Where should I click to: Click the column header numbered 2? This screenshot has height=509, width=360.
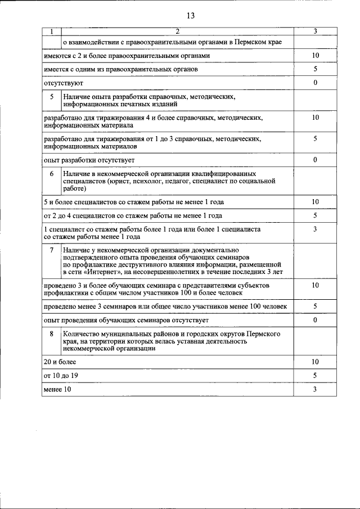tap(177, 31)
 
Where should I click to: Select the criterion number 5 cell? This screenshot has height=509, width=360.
tap(51, 97)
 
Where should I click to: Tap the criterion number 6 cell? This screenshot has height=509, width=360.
tap(51, 174)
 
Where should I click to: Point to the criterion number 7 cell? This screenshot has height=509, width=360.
tap(51, 249)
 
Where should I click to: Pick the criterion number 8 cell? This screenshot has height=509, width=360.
tap(51, 334)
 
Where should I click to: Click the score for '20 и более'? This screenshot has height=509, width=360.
tap(316, 361)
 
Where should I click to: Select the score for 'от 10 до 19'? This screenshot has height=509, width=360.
tap(316, 375)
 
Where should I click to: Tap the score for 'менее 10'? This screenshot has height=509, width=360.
tap(316, 389)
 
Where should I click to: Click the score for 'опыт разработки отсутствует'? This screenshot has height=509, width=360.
tap(316, 160)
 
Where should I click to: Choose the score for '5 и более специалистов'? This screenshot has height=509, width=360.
tap(316, 201)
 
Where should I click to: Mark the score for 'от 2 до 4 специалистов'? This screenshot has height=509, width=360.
tap(316, 215)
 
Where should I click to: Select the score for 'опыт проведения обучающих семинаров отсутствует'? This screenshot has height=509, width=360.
tap(316, 320)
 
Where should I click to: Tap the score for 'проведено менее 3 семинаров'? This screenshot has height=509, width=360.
tap(316, 306)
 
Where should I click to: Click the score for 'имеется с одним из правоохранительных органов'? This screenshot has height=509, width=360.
tap(316, 69)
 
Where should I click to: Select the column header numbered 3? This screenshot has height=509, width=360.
tap(316, 31)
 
